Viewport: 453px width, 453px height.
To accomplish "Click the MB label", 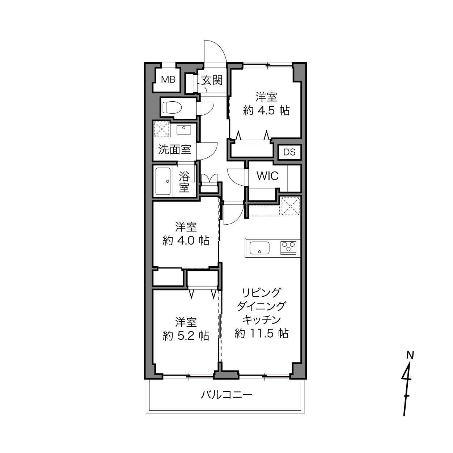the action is (168, 80).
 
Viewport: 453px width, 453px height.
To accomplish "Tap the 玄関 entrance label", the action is (212, 81).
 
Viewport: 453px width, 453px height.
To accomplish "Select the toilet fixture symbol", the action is (172, 108).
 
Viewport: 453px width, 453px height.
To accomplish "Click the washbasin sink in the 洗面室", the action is (184, 130).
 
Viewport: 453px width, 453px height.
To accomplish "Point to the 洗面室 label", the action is (174, 149).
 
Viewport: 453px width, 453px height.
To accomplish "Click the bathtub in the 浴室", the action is (163, 181).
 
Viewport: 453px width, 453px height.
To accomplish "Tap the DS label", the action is (289, 152).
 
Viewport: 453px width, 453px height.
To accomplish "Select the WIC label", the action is (267, 176).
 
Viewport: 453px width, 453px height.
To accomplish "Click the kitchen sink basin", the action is (259, 248).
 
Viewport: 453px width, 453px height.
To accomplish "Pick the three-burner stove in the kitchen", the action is (288, 247).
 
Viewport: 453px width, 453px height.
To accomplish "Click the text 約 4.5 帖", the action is (266, 110).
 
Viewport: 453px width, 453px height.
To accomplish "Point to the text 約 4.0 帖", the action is (186, 241).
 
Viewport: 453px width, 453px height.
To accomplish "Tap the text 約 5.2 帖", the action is (186, 336).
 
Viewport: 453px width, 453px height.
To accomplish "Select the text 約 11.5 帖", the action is (261, 333).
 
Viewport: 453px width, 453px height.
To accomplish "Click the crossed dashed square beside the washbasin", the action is (161, 128).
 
